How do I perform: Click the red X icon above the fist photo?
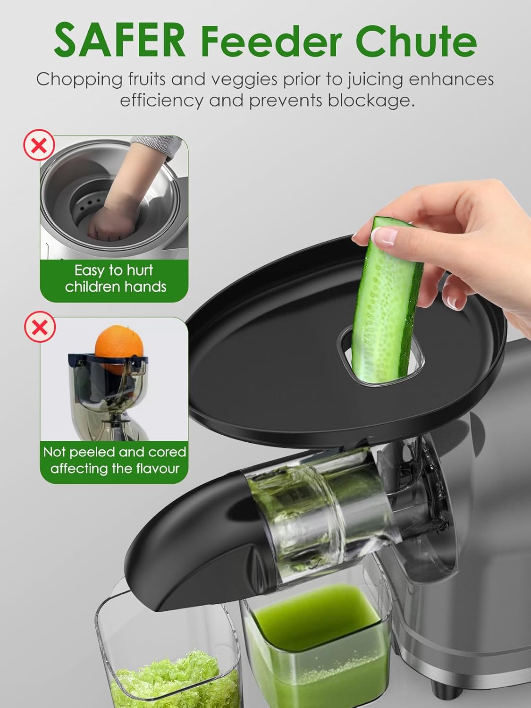[39, 146]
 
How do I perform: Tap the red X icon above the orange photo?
[39, 327]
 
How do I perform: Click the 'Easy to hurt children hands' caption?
[115, 278]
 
